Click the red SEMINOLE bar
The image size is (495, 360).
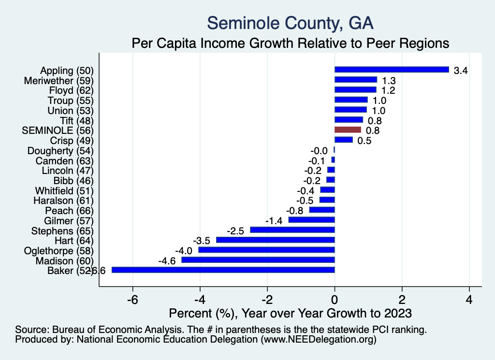coord(348,130)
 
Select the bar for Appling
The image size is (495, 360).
coord(392,70)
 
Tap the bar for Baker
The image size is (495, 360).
coord(223,270)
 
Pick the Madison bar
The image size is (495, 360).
coord(258,260)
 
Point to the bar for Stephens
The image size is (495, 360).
coord(292,230)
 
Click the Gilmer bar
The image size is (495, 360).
coord(311,220)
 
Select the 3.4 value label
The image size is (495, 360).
coord(461,71)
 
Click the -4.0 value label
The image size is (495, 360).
coord(184,250)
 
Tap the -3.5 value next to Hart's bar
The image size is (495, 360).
coord(202,240)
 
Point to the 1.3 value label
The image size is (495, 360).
coord(389,80)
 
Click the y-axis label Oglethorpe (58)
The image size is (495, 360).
coord(58,250)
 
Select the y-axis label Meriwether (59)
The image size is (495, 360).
coord(58,80)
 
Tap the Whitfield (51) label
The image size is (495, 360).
coord(64,190)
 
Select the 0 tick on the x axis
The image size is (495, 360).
coord(335,300)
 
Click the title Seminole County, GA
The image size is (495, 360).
coord(290,23)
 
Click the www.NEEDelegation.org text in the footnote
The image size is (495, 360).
coord(319,340)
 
